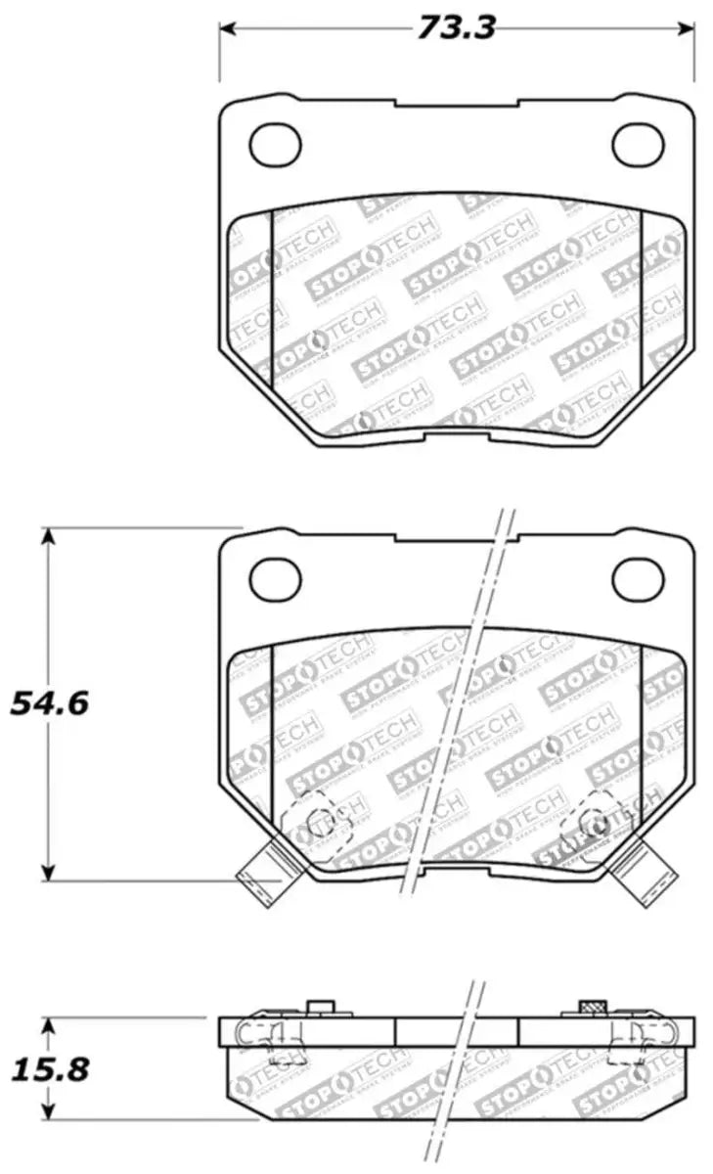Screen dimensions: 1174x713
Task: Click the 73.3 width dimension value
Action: tap(456, 27)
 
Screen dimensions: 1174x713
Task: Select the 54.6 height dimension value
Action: tap(49, 702)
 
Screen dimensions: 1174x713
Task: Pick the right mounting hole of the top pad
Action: tap(638, 145)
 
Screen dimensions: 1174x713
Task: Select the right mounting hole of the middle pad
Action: tap(638, 580)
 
